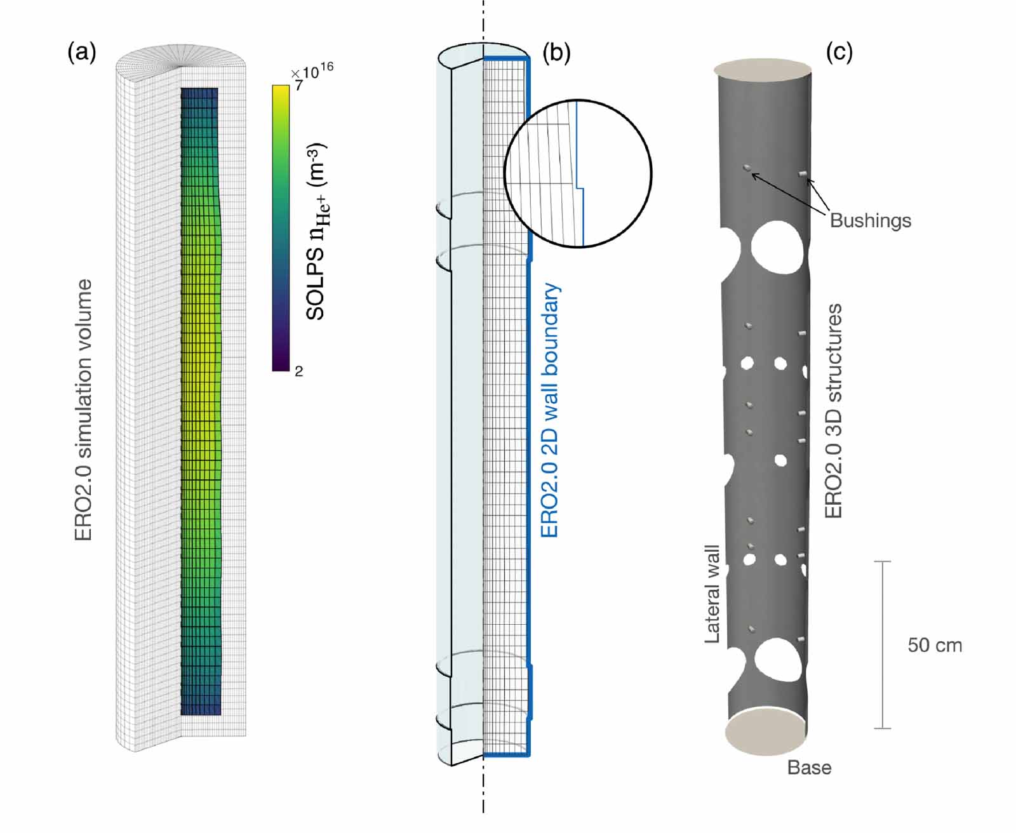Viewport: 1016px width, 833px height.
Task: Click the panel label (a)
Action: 82,52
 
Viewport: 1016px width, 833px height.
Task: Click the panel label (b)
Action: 556,52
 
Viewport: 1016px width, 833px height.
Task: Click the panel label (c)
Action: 839,52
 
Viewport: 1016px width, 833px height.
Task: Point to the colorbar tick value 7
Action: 298,85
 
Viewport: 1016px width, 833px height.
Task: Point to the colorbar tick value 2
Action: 298,371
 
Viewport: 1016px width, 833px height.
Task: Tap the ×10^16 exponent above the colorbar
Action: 312,71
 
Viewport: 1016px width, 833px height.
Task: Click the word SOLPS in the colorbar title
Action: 316,290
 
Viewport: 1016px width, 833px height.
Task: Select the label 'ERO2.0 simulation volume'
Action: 84,410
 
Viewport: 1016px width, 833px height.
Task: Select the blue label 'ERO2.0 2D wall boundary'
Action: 549,410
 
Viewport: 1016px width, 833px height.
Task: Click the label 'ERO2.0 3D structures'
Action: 833,410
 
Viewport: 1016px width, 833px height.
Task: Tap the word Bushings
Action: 870,220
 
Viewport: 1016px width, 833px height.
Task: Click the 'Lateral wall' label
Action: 712,594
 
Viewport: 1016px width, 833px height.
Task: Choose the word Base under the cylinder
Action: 809,768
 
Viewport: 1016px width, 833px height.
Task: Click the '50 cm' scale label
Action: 935,645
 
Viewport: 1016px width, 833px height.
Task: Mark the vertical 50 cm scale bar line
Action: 882,644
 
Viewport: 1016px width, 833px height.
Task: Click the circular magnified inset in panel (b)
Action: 578,173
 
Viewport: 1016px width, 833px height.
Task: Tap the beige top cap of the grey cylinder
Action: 763,69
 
